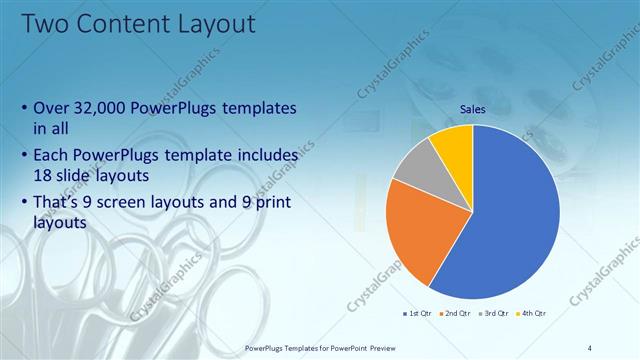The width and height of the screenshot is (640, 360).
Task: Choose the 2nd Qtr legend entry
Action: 456,314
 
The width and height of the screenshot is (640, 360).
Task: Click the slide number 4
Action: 591,347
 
